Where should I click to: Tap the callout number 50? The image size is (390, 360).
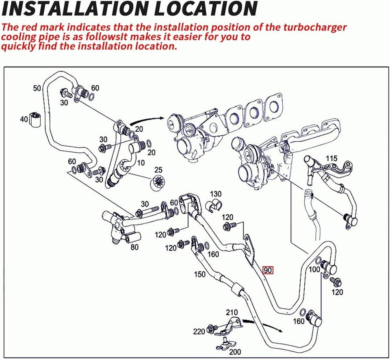(37, 88)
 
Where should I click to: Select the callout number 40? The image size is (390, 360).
(24, 119)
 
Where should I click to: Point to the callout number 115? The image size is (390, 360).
(331, 158)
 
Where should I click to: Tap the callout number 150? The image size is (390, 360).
(199, 274)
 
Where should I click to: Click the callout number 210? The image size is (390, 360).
(232, 312)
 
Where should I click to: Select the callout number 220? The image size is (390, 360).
(199, 332)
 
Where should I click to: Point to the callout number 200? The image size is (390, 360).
(234, 351)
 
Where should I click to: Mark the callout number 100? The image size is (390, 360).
(314, 269)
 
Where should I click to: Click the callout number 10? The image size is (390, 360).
(141, 163)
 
